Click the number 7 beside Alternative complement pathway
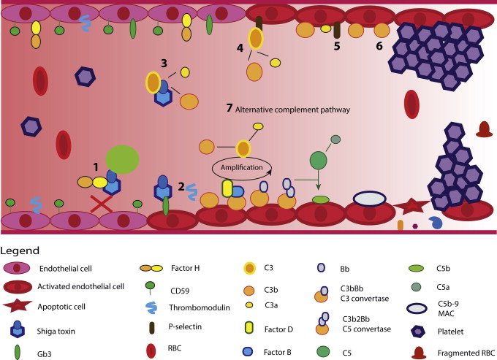pyautogui.click(x=229, y=108)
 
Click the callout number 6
pyautogui.click(x=379, y=45)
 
